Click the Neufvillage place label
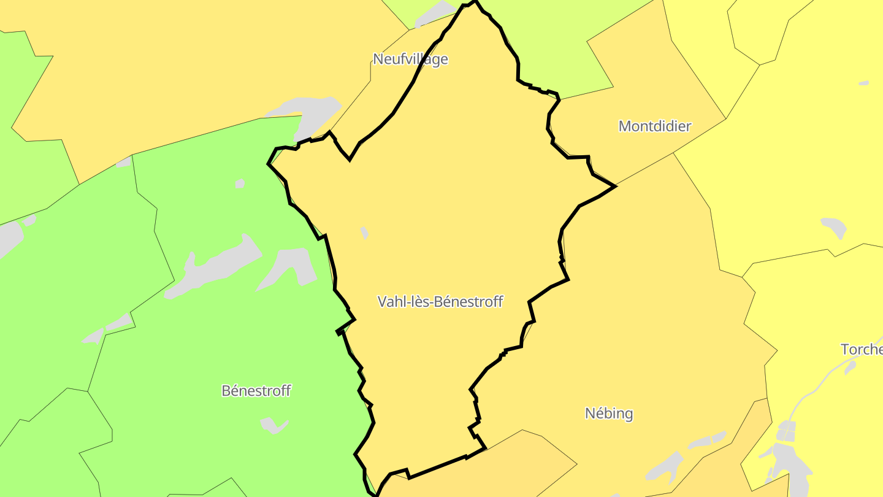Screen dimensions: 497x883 (x=410, y=59)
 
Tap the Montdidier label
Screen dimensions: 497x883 (x=654, y=126)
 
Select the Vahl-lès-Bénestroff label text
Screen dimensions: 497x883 (x=440, y=301)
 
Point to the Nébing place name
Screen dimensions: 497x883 (x=608, y=414)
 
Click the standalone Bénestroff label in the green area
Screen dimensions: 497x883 (x=256, y=391)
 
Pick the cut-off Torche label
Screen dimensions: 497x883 (x=862, y=350)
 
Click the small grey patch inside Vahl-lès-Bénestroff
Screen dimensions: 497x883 (x=364, y=233)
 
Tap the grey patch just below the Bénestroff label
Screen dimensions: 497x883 (x=273, y=424)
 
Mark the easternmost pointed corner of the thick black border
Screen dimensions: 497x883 (x=614, y=186)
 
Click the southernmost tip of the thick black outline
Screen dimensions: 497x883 (x=377, y=495)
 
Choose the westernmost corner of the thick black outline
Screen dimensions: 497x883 (x=269, y=164)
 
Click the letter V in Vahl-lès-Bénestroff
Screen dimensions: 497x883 (x=382, y=302)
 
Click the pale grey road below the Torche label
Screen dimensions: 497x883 (x=816, y=384)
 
